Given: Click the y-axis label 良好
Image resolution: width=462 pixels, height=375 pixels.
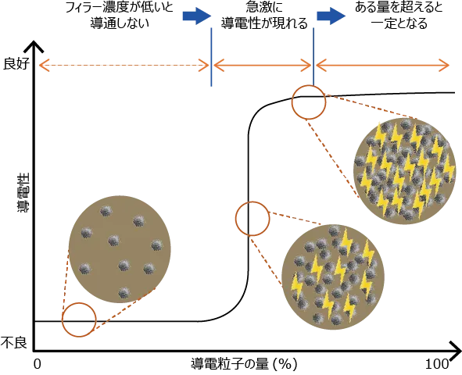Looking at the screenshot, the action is coord(16,64).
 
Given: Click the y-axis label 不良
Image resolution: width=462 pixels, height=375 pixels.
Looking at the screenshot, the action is coord(14,342).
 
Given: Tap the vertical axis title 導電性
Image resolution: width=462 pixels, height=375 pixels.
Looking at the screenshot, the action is coord(23,192).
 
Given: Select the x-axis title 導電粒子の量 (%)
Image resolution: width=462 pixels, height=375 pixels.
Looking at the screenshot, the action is coord(244,365).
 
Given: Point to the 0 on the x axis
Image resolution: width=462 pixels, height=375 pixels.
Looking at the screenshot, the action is coord(37,364).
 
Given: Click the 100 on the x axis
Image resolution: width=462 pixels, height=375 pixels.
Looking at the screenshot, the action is coord(437,364).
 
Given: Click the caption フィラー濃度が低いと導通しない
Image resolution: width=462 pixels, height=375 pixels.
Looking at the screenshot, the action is coord(120,16).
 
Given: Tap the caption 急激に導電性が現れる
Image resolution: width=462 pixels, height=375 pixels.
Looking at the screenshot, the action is coord(264,16).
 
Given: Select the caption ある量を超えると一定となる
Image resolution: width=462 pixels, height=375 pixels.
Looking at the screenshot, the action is coord(399,16).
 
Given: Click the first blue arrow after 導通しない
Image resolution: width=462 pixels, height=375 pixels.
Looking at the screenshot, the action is coord(197,16).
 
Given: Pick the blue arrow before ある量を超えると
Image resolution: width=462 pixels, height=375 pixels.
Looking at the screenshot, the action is coord(331,16).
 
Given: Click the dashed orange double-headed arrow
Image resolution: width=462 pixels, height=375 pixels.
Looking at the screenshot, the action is coord(124,65).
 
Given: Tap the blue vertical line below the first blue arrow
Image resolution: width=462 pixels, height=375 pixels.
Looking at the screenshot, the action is coord(211,57).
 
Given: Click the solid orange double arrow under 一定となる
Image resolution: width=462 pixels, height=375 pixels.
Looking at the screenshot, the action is coord(382,65).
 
